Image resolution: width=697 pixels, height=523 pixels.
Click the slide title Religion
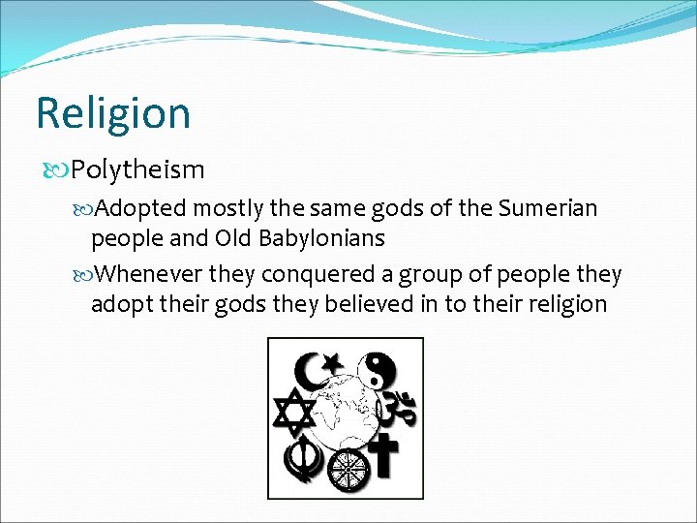(113, 113)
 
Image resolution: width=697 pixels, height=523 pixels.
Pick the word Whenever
(147, 275)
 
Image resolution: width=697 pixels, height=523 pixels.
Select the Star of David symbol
(293, 413)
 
